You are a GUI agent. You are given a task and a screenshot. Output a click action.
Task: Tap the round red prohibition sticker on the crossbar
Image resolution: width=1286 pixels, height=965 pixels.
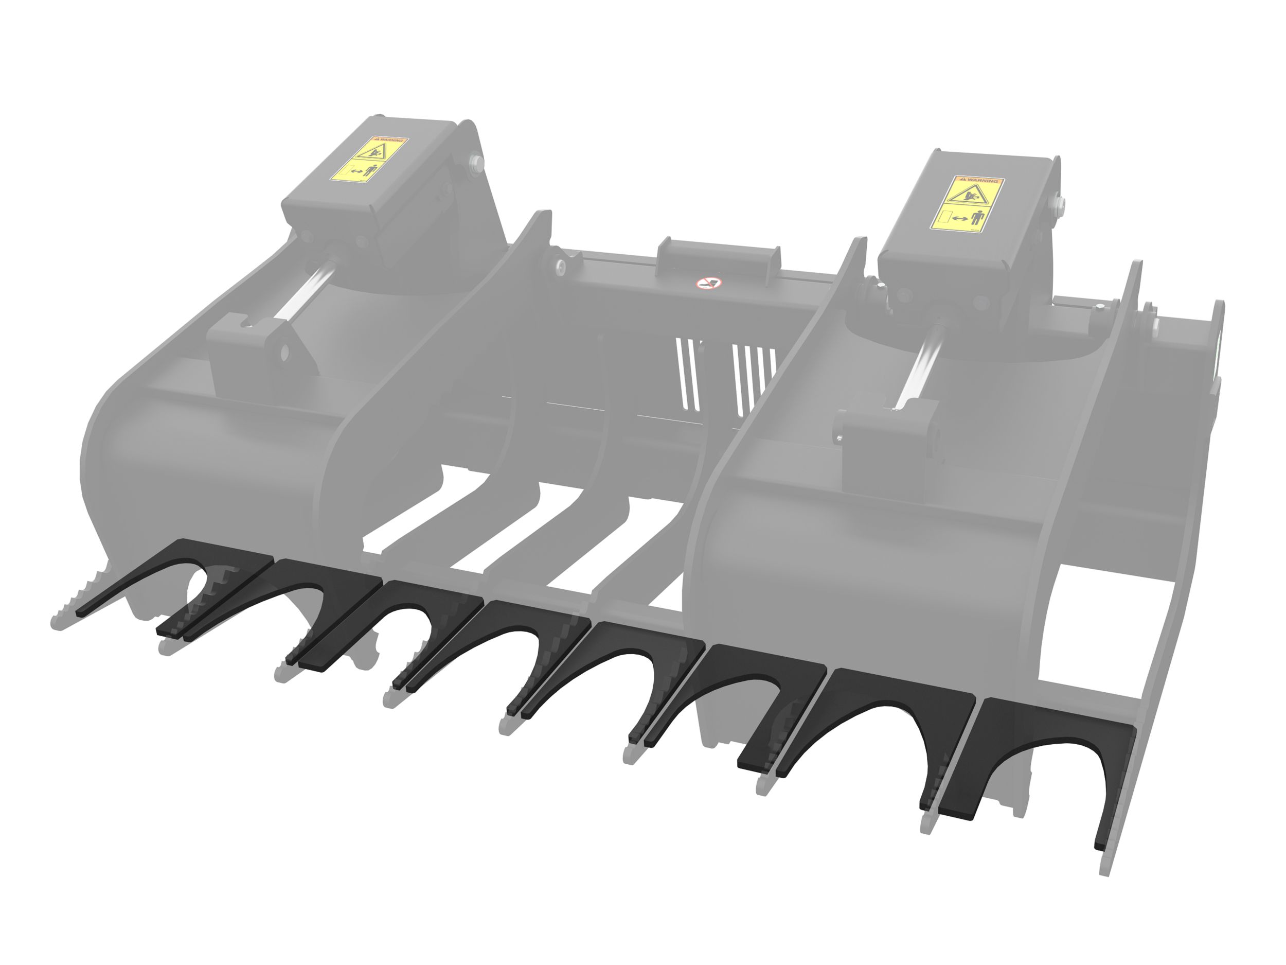pyautogui.click(x=708, y=283)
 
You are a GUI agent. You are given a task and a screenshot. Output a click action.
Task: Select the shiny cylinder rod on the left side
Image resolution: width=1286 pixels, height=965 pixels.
pyautogui.click(x=306, y=291)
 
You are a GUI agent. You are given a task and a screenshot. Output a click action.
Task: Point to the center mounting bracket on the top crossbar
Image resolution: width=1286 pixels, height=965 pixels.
pyautogui.click(x=719, y=260)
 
